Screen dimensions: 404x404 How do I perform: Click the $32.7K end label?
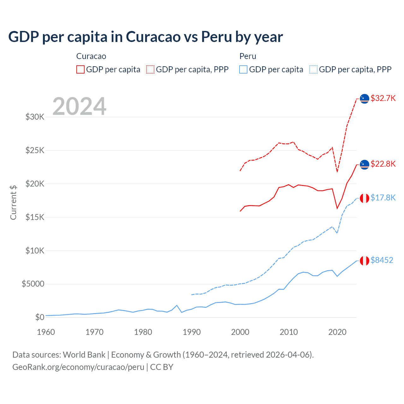pos(383,98)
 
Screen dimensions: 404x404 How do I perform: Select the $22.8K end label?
pos(383,164)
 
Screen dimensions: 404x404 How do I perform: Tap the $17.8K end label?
pos(383,198)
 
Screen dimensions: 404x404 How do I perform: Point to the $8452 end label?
pos(382,260)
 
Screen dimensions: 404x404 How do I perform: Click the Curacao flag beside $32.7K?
pos(365,99)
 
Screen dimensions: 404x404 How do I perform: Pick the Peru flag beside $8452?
pos(365,261)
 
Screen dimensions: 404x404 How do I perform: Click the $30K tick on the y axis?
pos(35,117)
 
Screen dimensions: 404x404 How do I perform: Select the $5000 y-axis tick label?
pos(33,284)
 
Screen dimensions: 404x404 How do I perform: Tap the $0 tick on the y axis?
pos(39,317)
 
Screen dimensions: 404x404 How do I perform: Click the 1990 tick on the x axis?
pos(192,332)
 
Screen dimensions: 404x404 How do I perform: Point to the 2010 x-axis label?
pos(289,332)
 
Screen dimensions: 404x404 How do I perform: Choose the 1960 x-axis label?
pos(46,332)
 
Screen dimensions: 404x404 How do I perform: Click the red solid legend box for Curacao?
pos(80,69)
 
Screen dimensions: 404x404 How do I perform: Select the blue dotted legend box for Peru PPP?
pos(313,69)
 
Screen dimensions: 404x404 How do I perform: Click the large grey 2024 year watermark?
pos(79,106)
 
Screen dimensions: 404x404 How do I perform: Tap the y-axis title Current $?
pos(13,203)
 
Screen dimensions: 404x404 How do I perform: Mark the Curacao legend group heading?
pos(91,56)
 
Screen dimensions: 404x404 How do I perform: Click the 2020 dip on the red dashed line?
pos(337,172)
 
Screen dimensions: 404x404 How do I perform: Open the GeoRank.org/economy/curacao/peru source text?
pos(78,367)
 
